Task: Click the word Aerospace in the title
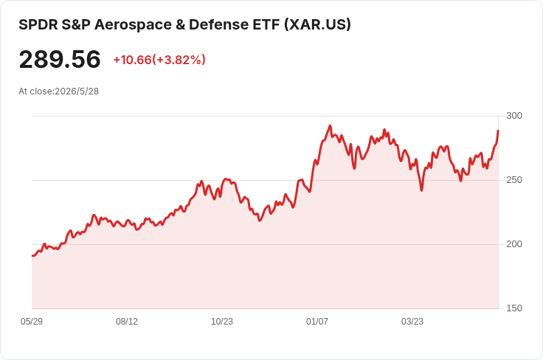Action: pos(133,25)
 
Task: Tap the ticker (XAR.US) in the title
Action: pos(317,24)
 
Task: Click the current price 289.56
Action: pos(60,59)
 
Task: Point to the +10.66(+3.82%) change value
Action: pos(159,60)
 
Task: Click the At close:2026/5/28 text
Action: pos(58,91)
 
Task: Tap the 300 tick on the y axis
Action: pos(514,116)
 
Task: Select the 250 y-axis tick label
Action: pos(514,180)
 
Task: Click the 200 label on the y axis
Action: pos(514,244)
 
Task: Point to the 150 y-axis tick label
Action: pos(514,308)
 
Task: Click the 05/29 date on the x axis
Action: pos(32,322)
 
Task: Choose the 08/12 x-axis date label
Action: pos(127,322)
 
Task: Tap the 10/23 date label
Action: pos(222,322)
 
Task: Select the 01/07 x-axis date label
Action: pos(317,322)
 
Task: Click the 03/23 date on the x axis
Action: pos(412,322)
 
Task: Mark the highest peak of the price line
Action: pos(330,126)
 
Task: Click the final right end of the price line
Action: pos(498,131)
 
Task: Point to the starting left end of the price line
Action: pos(32,256)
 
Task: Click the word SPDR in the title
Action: pos(38,25)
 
